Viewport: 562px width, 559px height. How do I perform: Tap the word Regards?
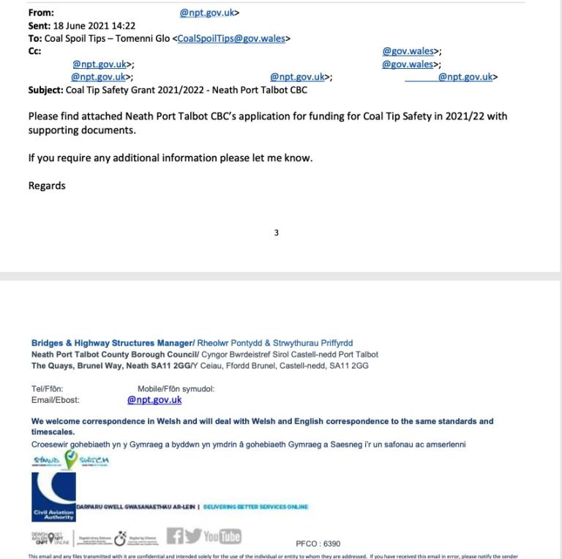click(47, 185)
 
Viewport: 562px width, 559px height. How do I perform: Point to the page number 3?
click(276, 233)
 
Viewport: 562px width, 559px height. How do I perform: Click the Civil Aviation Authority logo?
click(53, 496)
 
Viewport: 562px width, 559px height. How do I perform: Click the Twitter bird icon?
click(192, 536)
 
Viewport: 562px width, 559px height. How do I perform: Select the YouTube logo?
click(222, 536)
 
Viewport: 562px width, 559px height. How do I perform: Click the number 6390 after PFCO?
click(332, 544)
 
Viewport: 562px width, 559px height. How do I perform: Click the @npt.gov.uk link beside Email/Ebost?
click(154, 400)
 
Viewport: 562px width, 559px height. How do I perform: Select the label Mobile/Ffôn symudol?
click(176, 389)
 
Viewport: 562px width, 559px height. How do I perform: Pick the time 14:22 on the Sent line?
click(126, 26)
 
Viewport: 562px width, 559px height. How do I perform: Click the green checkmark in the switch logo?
click(71, 459)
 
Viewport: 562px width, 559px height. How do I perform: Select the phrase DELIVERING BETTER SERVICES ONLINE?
click(255, 507)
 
